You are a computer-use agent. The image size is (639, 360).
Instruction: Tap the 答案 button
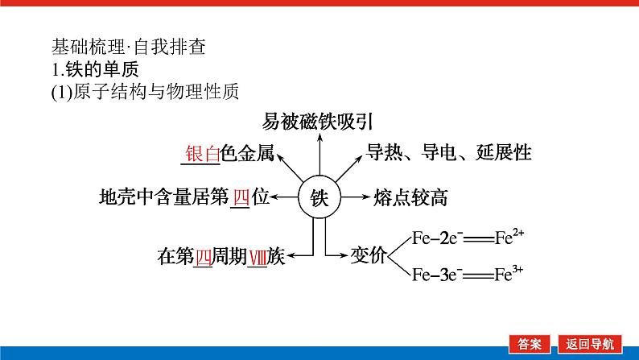(531, 342)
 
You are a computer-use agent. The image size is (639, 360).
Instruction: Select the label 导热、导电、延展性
(449, 151)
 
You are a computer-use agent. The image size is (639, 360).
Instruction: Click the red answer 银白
(202, 154)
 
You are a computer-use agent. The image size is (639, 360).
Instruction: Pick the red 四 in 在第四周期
(203, 256)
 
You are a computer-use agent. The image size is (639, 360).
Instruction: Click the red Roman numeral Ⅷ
(257, 256)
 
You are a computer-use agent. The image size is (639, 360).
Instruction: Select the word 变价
(369, 256)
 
